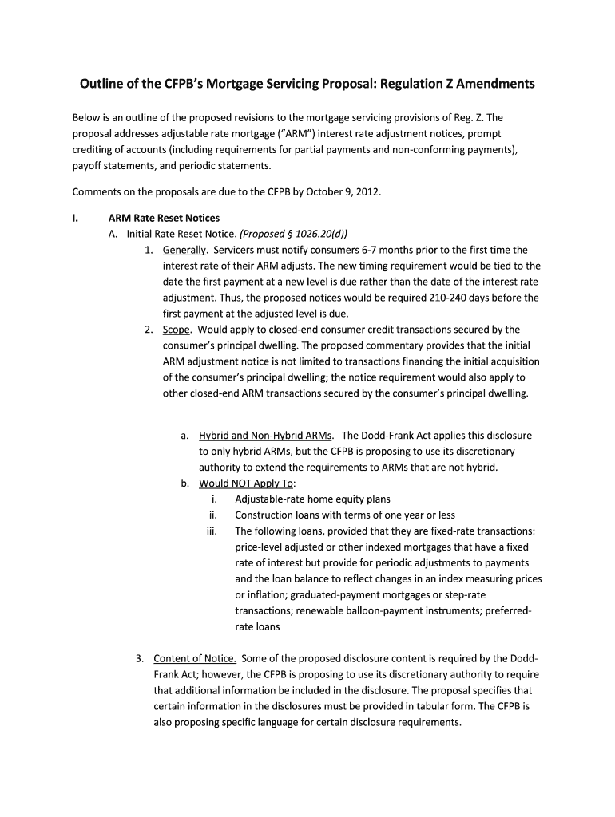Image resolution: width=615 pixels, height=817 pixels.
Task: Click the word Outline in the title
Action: [x=102, y=84]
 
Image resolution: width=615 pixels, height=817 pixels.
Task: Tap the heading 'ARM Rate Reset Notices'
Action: [x=164, y=218]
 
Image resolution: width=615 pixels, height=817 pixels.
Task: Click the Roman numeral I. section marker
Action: [x=76, y=218]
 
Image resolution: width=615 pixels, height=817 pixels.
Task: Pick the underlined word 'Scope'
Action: [x=176, y=330]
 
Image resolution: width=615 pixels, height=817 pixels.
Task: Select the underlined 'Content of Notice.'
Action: [x=194, y=658]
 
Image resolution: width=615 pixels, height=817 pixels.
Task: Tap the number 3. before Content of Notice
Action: [x=139, y=658]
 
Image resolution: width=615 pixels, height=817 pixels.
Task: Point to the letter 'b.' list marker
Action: [x=185, y=483]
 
